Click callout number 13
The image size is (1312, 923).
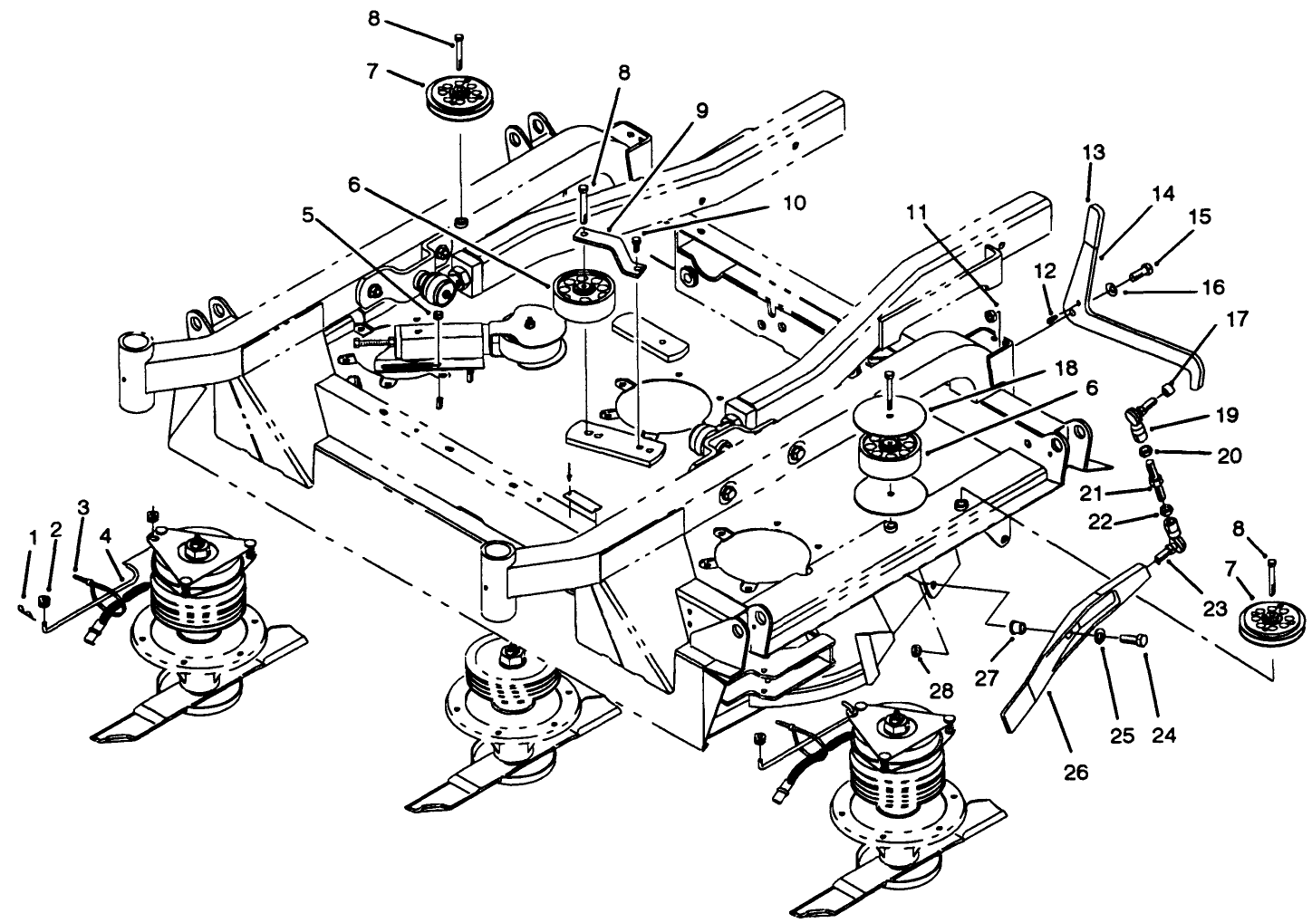coord(1094,153)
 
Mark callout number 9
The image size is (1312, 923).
coord(702,111)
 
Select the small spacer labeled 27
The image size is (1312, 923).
coord(1017,627)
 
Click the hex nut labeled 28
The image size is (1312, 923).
coord(917,650)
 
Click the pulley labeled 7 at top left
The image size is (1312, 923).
coord(459,97)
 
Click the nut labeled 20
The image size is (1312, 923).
coord(1146,451)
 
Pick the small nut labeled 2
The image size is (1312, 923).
coord(45,603)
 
